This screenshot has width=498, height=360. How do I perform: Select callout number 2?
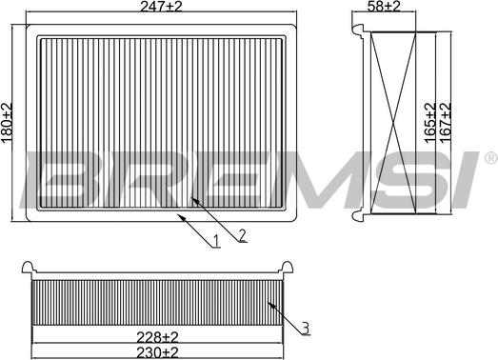click(243, 234)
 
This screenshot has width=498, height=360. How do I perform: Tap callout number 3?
click(305, 329)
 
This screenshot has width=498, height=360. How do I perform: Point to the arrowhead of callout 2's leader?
click(192, 197)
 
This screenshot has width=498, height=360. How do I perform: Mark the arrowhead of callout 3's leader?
click(270, 304)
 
